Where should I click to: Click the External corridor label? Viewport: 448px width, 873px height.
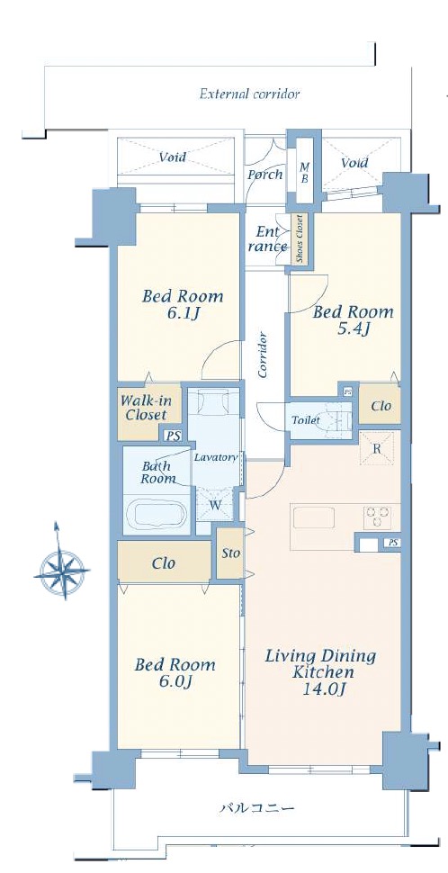(x=249, y=94)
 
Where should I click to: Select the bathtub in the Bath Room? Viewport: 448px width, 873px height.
(x=157, y=514)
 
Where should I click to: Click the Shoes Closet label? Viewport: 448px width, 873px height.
(x=300, y=238)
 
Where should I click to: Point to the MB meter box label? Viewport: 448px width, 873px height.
(x=304, y=173)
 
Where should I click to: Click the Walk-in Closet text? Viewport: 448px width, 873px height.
(x=146, y=408)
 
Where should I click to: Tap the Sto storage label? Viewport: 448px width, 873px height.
(x=230, y=553)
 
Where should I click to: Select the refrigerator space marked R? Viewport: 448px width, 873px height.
(x=377, y=448)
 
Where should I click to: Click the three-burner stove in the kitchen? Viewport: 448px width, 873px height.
(x=377, y=517)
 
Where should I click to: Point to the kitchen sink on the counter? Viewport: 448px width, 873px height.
(x=313, y=517)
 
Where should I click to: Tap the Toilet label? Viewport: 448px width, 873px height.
(x=306, y=420)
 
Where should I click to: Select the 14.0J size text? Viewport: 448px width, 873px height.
(x=320, y=690)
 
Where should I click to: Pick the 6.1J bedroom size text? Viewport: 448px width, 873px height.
(x=182, y=313)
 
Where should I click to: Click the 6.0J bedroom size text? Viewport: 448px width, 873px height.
(x=175, y=682)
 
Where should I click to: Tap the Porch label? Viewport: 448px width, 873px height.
(x=264, y=175)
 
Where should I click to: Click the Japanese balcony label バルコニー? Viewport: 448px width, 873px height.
(x=255, y=808)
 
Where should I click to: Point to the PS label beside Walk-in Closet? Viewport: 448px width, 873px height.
(x=175, y=436)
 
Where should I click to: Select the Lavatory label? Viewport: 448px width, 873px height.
(x=216, y=458)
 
